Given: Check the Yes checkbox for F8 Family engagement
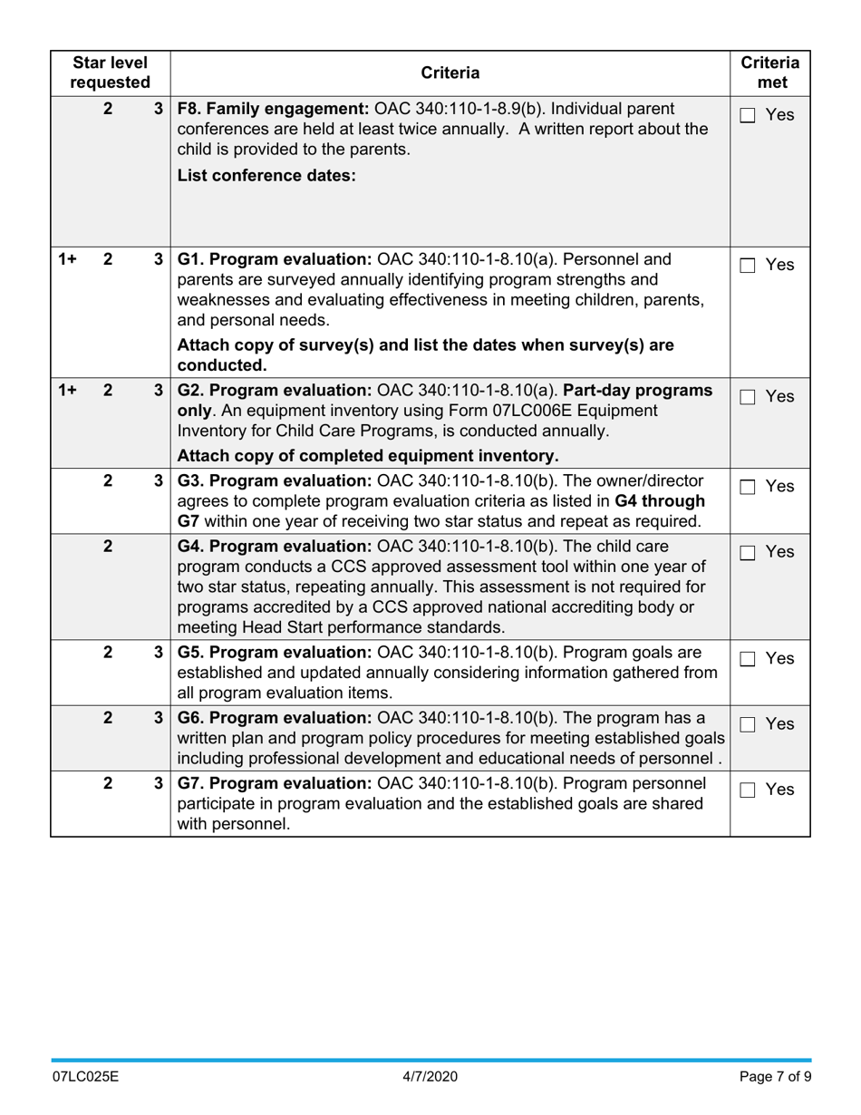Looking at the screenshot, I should (x=748, y=115).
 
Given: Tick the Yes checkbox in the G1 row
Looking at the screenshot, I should (x=748, y=266).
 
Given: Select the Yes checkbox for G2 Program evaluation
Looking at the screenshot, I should (x=748, y=397).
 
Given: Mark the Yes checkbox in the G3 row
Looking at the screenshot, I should (x=748, y=487).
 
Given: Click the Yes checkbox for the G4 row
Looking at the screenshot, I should (x=748, y=552).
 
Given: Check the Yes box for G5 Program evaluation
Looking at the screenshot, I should (x=748, y=659).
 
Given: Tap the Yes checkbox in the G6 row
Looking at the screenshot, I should (x=748, y=724).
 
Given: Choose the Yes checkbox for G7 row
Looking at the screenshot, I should (x=748, y=790).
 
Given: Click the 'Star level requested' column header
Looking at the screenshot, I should (x=110, y=73).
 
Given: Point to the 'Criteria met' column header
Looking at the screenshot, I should (x=769, y=73).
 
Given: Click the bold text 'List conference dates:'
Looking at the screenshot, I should (x=266, y=176).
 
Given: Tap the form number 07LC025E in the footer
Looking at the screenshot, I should (x=85, y=1077).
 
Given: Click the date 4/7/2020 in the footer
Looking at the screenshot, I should (x=430, y=1077).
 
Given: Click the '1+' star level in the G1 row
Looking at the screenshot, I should (x=67, y=259).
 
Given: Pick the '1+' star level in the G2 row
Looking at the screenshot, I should (x=67, y=391).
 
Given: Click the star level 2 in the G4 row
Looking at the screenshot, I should (x=108, y=547).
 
